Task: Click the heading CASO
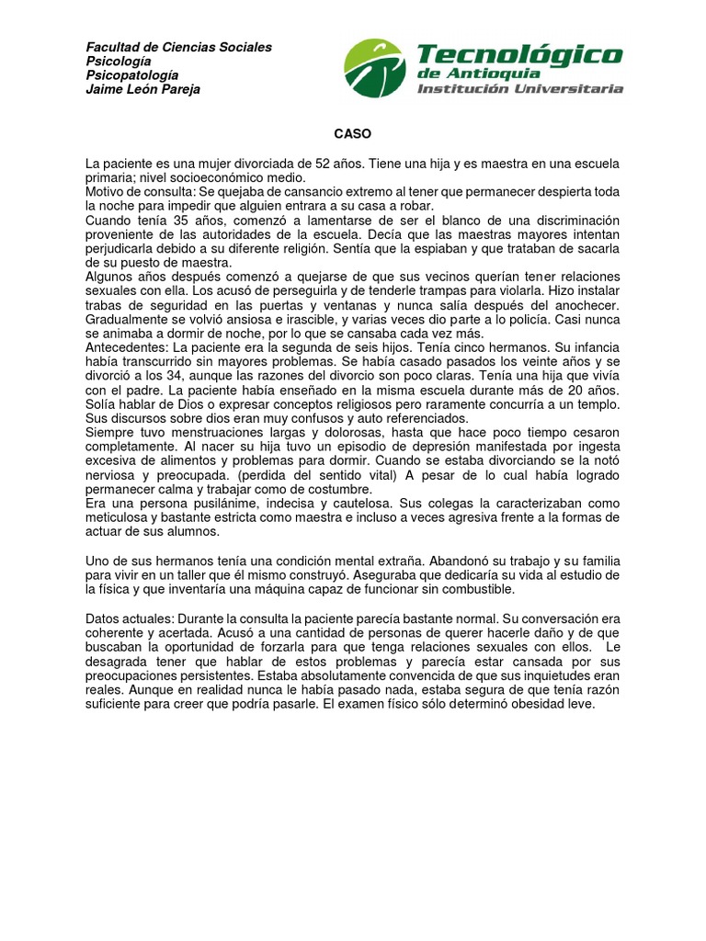(x=353, y=134)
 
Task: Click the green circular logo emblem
(x=374, y=69)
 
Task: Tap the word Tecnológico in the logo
(x=519, y=55)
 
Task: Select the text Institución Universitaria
(x=520, y=89)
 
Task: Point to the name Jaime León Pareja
(x=142, y=90)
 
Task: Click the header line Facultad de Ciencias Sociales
(x=178, y=48)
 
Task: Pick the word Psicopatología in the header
(x=132, y=75)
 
